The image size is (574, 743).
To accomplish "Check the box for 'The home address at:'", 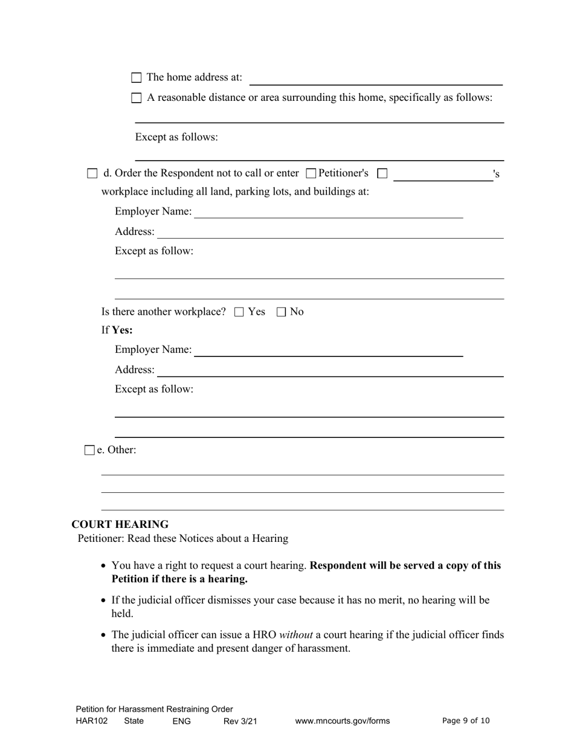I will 137,77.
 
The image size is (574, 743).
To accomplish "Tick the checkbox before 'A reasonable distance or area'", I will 137,98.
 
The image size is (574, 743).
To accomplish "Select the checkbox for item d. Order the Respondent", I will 92,173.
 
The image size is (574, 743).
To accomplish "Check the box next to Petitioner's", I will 311,173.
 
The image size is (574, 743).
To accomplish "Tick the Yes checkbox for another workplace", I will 239,312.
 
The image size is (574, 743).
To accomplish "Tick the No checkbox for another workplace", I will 281,312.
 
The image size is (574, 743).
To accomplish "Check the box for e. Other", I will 89,450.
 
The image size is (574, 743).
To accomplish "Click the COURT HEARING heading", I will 120,524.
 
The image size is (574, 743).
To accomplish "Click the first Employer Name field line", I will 329,213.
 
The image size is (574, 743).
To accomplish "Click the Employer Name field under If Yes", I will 329,351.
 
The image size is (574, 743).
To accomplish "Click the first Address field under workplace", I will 331,233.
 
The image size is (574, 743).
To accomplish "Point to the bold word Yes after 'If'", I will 122,330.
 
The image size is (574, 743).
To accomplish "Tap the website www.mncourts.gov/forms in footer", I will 343,721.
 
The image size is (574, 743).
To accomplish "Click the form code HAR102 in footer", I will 92,721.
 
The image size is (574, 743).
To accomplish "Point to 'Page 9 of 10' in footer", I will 466,721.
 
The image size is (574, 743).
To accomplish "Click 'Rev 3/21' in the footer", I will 240,721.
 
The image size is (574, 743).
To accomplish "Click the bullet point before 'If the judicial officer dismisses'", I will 105,600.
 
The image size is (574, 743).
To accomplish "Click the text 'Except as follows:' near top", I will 176,137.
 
